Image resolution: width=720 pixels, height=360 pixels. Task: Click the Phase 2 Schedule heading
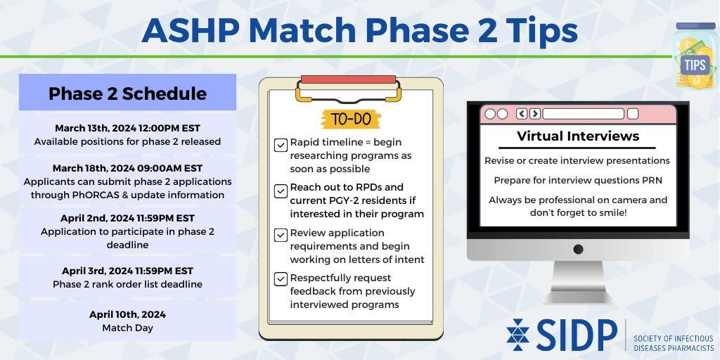click(127, 94)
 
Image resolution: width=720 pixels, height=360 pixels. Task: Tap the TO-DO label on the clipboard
click(351, 120)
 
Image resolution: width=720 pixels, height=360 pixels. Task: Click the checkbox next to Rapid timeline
click(281, 146)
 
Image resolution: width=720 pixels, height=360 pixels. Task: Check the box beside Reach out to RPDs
click(281, 191)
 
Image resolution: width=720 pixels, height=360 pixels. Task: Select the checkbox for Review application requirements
click(281, 236)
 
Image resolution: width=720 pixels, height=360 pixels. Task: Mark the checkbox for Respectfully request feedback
click(281, 278)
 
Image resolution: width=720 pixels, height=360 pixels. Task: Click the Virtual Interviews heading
click(578, 136)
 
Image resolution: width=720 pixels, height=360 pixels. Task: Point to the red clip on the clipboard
click(349, 79)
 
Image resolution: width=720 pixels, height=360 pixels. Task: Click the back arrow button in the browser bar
click(522, 114)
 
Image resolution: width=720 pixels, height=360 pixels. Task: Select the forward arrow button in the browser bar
click(534, 114)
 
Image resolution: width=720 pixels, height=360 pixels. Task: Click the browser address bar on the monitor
click(583, 114)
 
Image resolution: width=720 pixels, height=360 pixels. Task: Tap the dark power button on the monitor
click(578, 250)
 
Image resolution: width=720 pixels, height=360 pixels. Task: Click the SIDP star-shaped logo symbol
click(518, 334)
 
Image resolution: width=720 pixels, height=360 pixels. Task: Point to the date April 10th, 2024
click(128, 314)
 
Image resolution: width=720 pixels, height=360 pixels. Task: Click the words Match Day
click(128, 328)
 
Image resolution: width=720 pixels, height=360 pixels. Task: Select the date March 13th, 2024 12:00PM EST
click(128, 128)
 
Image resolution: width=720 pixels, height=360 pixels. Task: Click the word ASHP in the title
click(191, 31)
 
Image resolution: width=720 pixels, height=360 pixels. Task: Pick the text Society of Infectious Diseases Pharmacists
click(674, 343)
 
